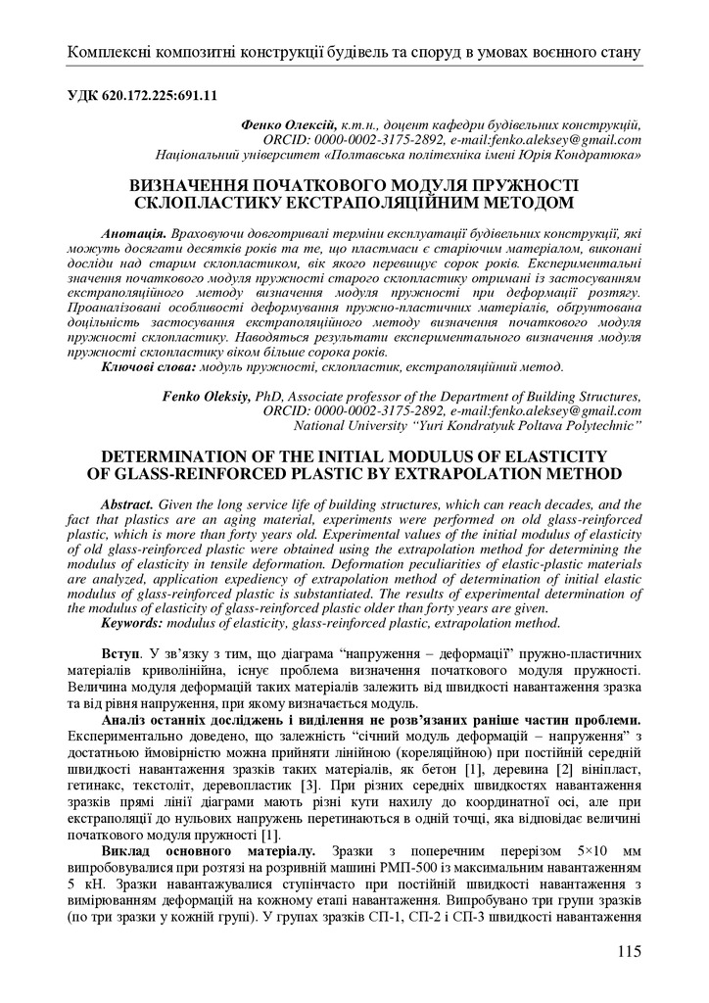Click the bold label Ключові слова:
[x=147, y=366]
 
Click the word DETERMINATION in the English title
[x=153, y=456]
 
